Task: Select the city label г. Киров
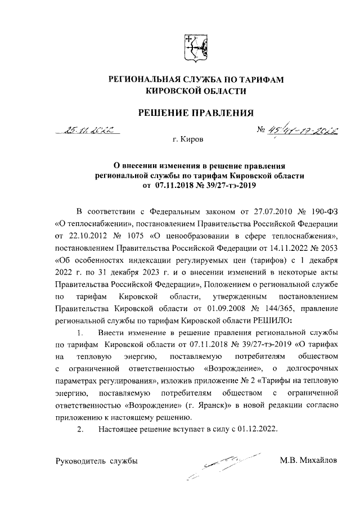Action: (x=188, y=138)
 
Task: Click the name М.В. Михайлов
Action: (x=309, y=461)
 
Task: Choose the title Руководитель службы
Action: (x=96, y=461)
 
